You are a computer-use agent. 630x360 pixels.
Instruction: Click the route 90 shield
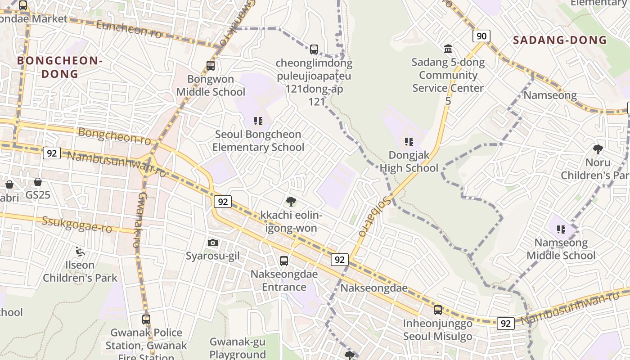[481, 36]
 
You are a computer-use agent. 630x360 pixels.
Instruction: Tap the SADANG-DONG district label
[560, 40]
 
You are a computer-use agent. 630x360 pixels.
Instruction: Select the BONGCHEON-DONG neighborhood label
[60, 67]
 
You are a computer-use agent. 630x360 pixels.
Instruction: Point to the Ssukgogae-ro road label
[77, 224]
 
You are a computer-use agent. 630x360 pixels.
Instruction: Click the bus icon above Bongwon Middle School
[211, 66]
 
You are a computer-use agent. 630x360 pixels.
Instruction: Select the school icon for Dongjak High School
[409, 142]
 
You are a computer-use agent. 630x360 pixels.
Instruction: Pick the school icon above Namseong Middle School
[561, 229]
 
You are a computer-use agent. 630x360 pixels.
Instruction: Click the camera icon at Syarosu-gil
[213, 243]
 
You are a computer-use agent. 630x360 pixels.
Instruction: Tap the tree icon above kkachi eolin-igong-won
[291, 201]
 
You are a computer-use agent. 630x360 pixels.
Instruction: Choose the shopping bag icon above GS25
[38, 182]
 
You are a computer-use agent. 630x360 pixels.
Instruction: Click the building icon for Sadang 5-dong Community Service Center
[448, 49]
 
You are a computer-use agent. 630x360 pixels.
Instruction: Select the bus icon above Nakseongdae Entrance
[283, 261]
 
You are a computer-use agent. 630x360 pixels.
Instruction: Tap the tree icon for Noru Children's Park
[598, 149]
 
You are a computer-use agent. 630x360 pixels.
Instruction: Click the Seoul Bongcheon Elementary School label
[258, 141]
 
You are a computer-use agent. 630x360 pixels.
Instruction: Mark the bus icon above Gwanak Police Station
[146, 319]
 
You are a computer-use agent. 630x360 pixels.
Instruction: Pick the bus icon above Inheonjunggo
[437, 310]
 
